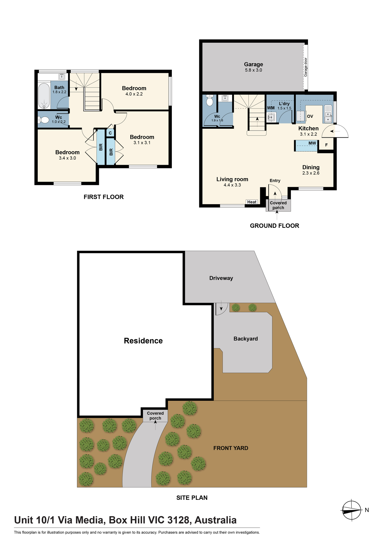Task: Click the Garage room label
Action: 253,64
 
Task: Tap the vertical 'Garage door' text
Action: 306,67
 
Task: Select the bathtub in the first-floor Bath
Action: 44,96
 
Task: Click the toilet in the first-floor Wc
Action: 43,120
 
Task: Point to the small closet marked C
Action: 110,133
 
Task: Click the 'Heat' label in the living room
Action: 252,202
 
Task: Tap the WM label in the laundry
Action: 271,108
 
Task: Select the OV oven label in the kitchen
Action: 310,116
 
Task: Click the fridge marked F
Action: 326,145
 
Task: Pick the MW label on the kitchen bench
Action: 312,143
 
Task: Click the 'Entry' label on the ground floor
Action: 275,181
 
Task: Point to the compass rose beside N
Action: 351,510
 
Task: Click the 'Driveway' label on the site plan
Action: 221,278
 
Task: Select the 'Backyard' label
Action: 245,339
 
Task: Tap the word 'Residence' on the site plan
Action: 143,341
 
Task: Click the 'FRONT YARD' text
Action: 231,448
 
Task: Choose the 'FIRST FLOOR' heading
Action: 103,197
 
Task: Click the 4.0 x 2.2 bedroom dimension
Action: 134,94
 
